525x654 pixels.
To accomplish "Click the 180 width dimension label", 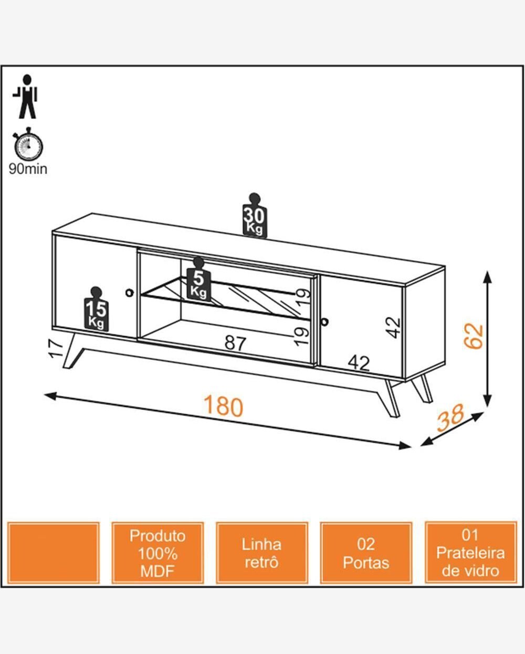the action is pos(223,406).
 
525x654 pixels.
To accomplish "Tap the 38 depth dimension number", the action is pos(450,417).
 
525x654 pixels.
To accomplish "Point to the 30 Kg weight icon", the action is pos(255,216).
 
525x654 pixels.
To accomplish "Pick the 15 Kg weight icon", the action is pos(96,309).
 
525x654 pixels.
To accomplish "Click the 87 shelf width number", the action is pos(235,343).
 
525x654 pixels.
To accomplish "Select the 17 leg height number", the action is pos(56,348).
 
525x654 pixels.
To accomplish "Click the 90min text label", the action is pos(28,169).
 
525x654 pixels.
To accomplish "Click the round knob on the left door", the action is pos(129,292).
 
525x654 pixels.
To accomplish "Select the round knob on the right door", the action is pos(324,321).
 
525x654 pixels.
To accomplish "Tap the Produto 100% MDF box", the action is pos(157,553).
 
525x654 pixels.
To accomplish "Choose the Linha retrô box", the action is pos(261,553).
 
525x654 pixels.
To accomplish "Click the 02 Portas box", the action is pos(366,553).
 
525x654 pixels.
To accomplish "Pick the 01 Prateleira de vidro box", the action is pos(470,553).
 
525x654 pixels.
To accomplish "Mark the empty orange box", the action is pos(54,553).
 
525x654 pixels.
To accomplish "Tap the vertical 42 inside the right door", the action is pos(394,328).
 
